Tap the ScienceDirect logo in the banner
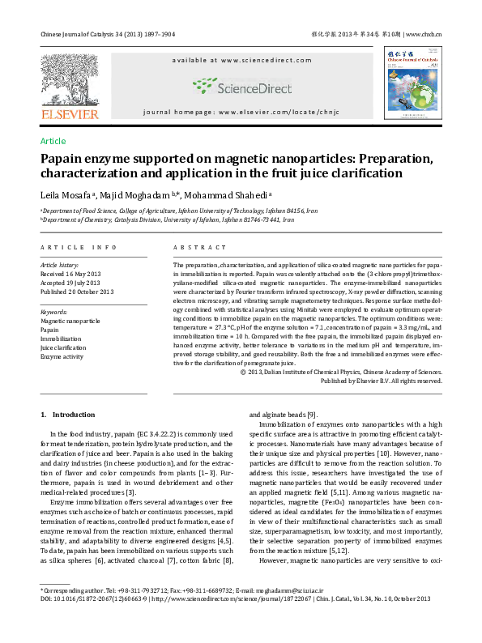point(241,86)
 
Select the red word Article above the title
point(53,141)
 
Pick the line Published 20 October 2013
point(78,292)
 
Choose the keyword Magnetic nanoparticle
point(70,321)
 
